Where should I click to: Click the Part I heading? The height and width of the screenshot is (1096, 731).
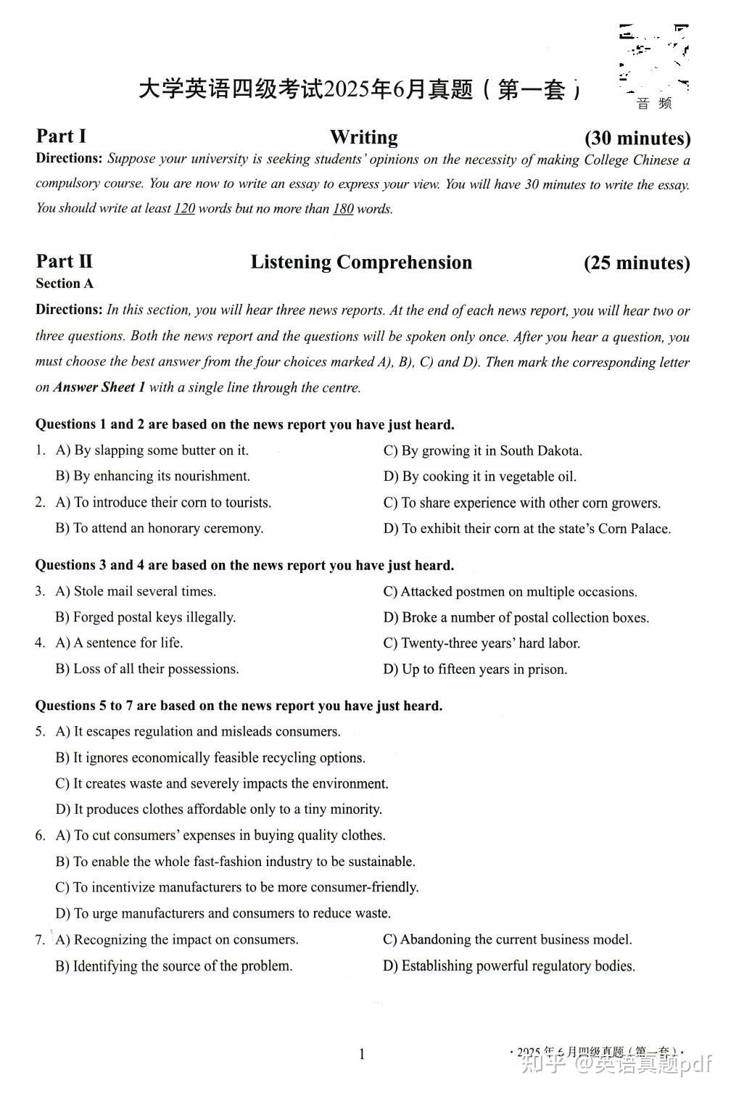[61, 136]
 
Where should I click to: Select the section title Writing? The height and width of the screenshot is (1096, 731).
[363, 137]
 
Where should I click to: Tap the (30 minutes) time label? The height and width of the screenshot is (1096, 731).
[637, 138]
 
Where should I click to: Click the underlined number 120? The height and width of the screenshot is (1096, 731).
[185, 209]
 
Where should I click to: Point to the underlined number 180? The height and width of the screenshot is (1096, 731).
[343, 209]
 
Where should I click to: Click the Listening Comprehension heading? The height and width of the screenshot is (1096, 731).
[361, 262]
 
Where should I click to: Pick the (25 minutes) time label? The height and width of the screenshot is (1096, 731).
[637, 263]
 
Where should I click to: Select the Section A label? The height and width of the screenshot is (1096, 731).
[65, 284]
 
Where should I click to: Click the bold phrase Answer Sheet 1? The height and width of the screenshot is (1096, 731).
[99, 387]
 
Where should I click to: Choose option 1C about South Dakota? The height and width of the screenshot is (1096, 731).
[483, 450]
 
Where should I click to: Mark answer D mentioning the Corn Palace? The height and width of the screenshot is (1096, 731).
[527, 529]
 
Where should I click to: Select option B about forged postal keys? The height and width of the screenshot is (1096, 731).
[146, 617]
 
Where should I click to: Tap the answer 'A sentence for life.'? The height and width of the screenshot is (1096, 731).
[120, 643]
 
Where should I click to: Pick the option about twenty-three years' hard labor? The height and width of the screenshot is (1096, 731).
[482, 643]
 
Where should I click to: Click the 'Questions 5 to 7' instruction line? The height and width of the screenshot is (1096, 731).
[239, 706]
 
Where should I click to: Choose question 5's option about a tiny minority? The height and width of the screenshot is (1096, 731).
[219, 809]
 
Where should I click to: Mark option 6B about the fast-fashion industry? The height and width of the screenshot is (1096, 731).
[236, 862]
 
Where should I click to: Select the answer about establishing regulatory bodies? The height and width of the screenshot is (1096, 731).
[509, 965]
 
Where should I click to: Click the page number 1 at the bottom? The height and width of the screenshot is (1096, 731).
[362, 1054]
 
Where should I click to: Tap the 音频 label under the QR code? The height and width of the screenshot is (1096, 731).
[654, 103]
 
